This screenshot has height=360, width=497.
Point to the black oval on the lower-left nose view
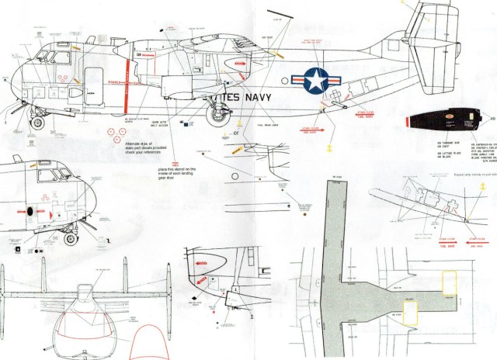point(31,210)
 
